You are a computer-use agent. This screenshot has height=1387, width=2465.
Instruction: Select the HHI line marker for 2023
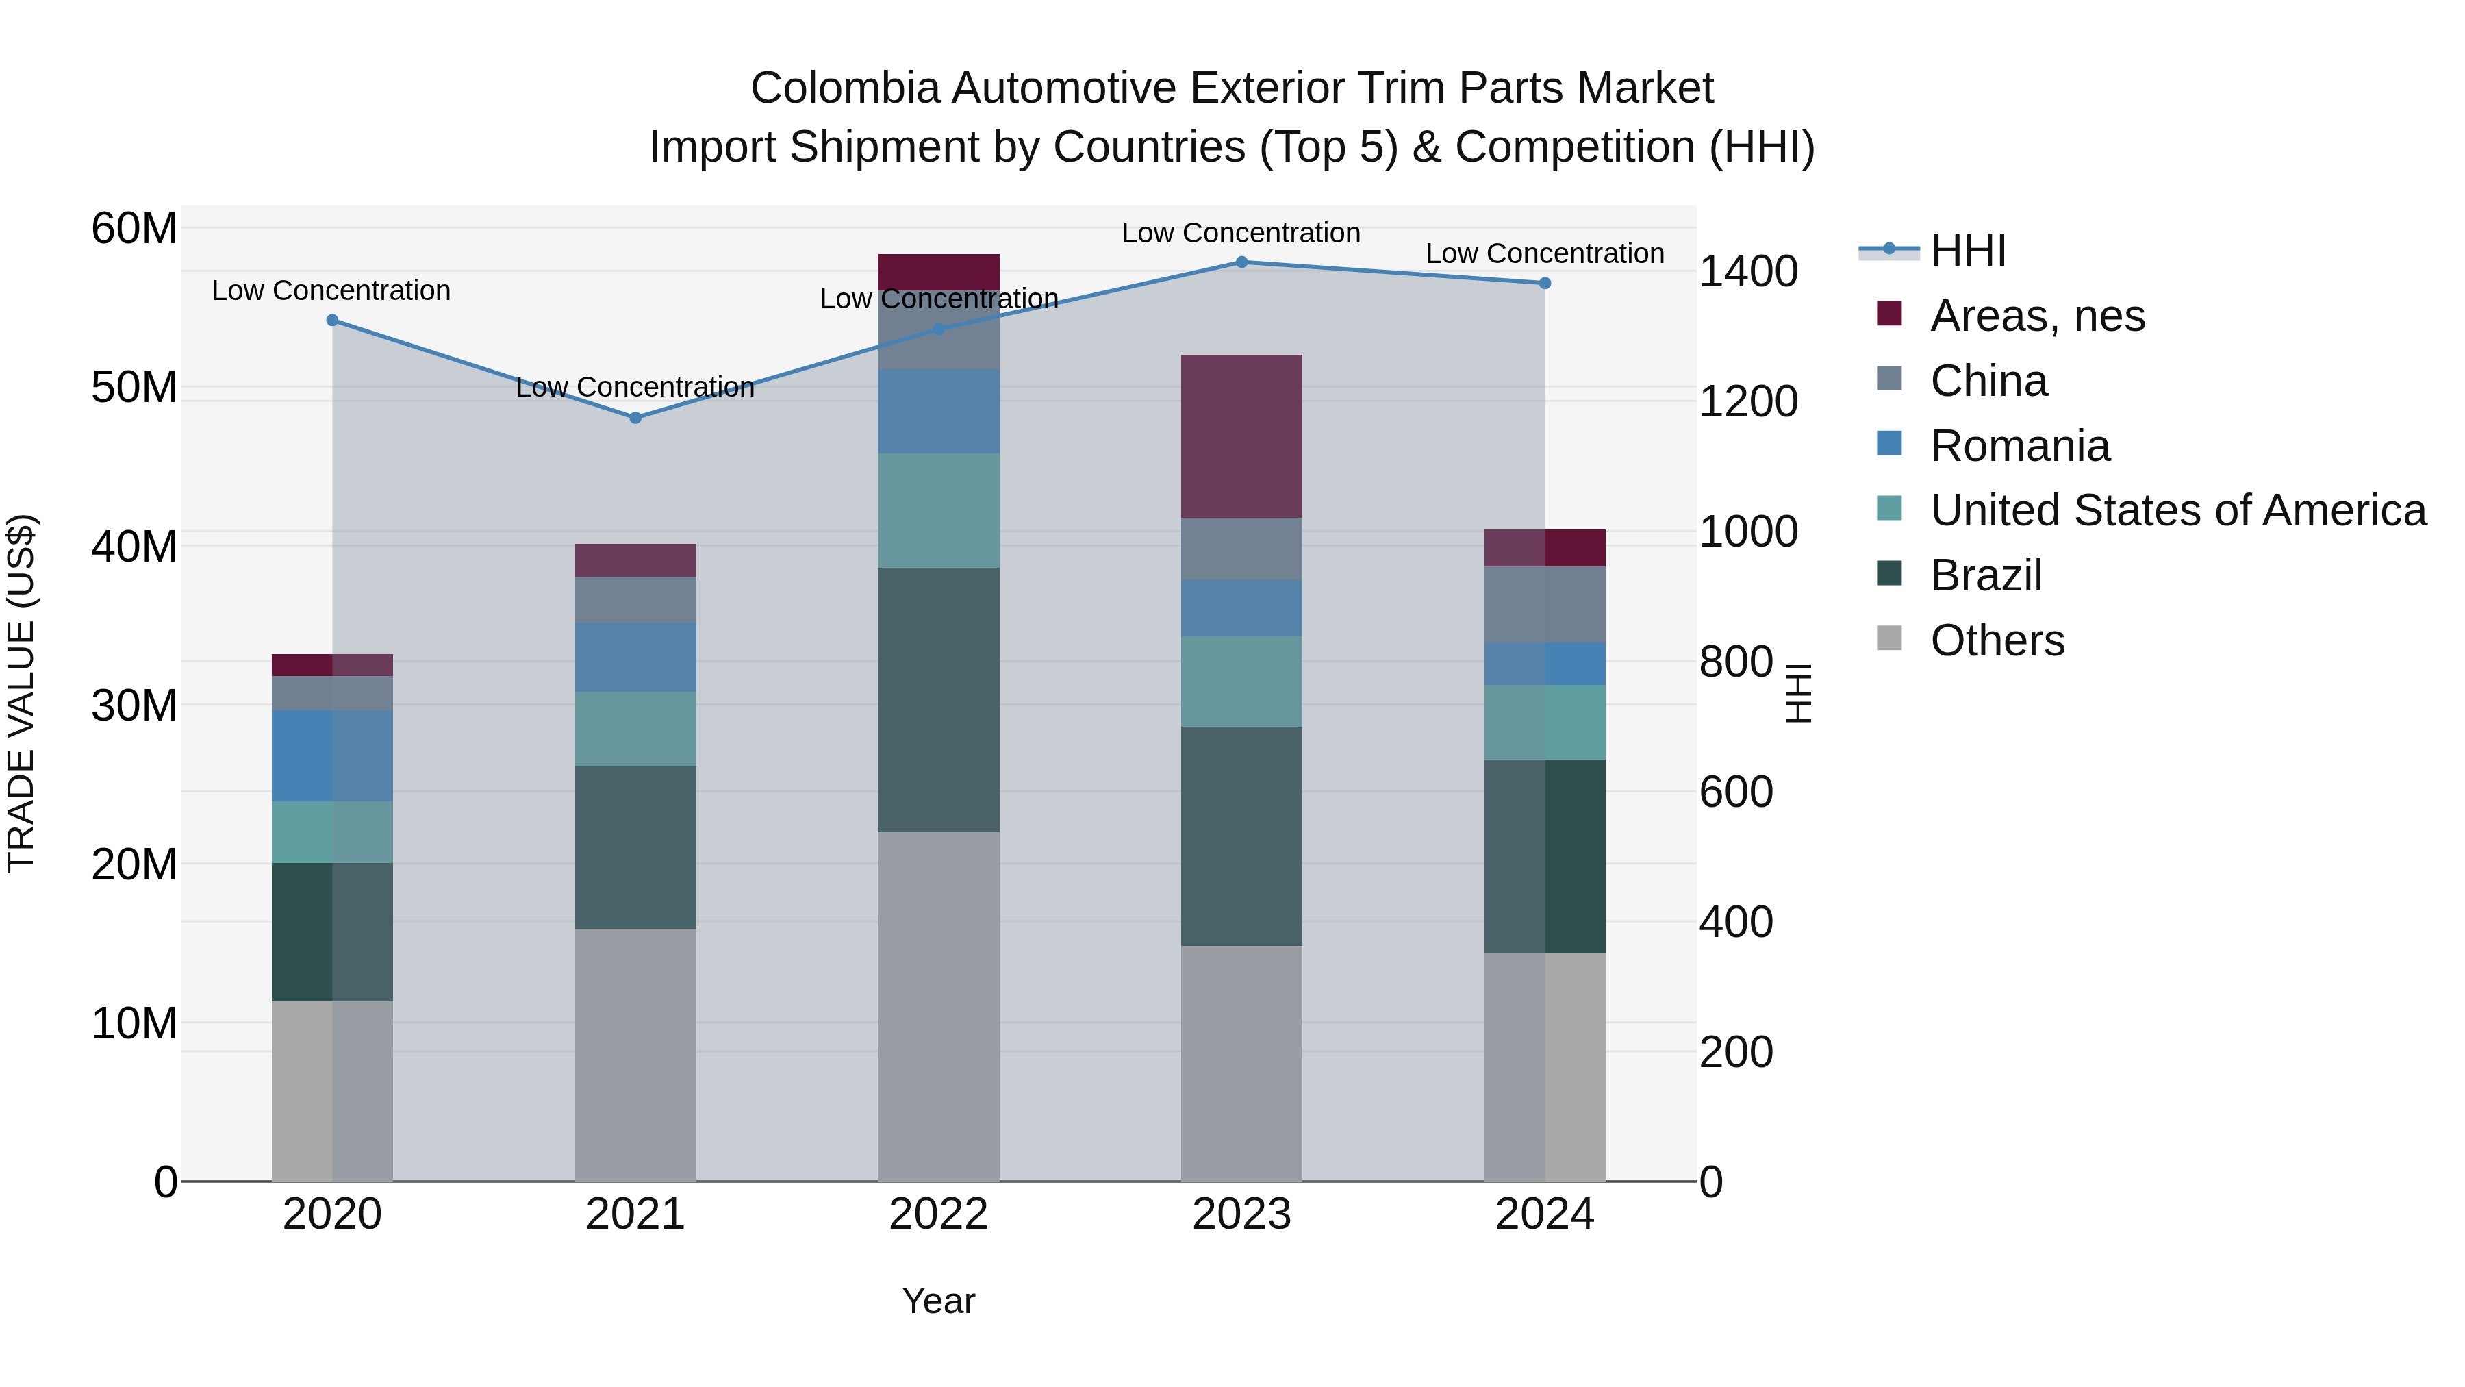point(1241,262)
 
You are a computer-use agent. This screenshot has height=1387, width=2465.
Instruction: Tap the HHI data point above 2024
point(1545,284)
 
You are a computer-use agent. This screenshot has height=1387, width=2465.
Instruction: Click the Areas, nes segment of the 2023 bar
point(1241,436)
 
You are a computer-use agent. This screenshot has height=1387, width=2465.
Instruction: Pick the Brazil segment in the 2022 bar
point(938,700)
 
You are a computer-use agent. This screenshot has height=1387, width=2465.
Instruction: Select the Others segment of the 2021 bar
point(635,1054)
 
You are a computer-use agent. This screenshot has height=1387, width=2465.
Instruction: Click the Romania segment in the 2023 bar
point(1241,609)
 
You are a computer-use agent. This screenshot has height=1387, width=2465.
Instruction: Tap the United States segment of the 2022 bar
point(938,511)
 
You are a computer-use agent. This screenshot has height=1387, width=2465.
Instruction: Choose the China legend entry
point(1988,381)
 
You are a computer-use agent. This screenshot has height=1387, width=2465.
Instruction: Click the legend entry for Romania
point(2019,446)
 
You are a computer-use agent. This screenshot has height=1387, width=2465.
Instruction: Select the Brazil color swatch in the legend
point(1889,575)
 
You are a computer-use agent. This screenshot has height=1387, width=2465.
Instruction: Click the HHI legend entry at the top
point(1967,251)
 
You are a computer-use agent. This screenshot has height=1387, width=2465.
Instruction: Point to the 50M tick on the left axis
point(134,388)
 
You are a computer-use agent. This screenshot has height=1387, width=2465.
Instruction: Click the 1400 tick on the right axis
point(1747,272)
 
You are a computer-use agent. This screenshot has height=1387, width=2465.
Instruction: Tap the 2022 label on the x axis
point(938,1214)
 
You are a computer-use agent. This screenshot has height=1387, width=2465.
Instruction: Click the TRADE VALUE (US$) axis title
point(21,693)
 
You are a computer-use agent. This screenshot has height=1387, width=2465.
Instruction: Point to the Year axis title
point(938,1301)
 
